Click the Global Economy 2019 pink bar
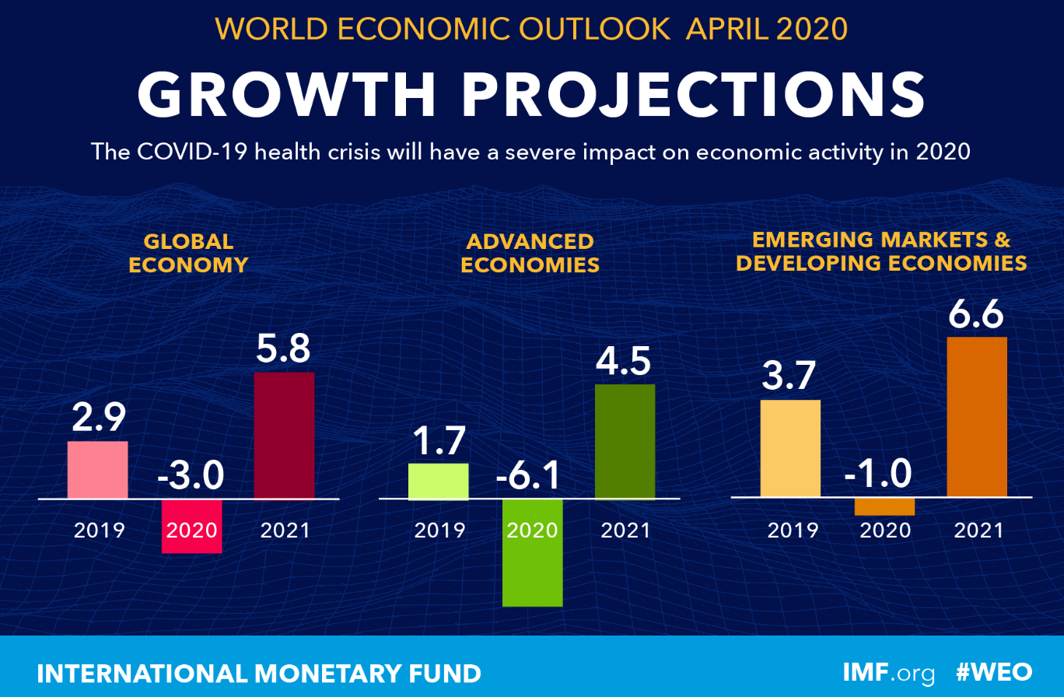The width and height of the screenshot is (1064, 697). [97, 470]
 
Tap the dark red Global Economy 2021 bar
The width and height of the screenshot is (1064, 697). [284, 435]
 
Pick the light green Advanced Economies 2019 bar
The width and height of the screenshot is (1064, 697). [438, 481]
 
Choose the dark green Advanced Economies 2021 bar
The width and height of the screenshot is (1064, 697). [625, 441]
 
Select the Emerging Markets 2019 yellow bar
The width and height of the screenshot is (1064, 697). [790, 448]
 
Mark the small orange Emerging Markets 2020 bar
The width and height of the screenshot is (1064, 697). [884, 506]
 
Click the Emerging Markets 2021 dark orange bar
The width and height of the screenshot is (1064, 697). [977, 417]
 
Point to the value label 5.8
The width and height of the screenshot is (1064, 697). [284, 349]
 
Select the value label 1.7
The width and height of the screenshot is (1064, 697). [438, 440]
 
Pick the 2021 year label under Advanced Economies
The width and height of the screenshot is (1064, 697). [625, 531]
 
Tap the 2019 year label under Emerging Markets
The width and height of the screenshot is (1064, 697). [793, 531]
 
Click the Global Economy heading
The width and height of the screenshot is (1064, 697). [188, 253]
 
